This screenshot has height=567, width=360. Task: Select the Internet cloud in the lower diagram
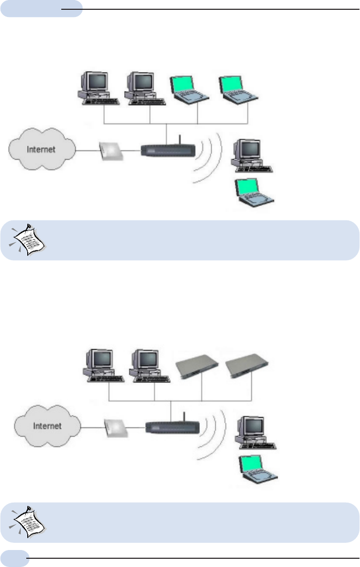pos(47,426)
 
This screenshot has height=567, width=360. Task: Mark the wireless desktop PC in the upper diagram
pos(251,154)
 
